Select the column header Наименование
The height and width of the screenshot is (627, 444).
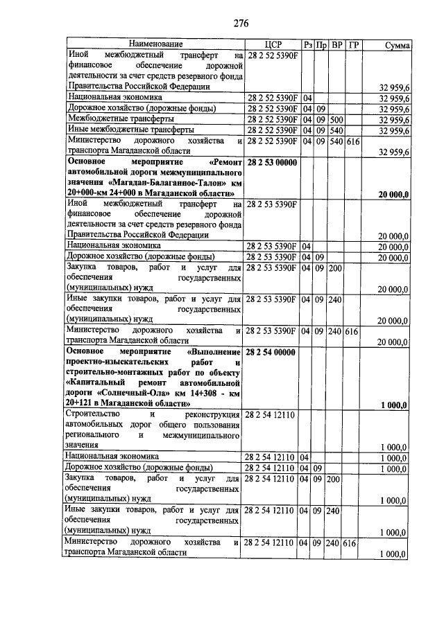154,44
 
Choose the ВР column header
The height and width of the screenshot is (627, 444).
336,44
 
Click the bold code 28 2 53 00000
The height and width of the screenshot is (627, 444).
271,161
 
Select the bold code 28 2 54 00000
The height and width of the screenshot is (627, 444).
271,353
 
